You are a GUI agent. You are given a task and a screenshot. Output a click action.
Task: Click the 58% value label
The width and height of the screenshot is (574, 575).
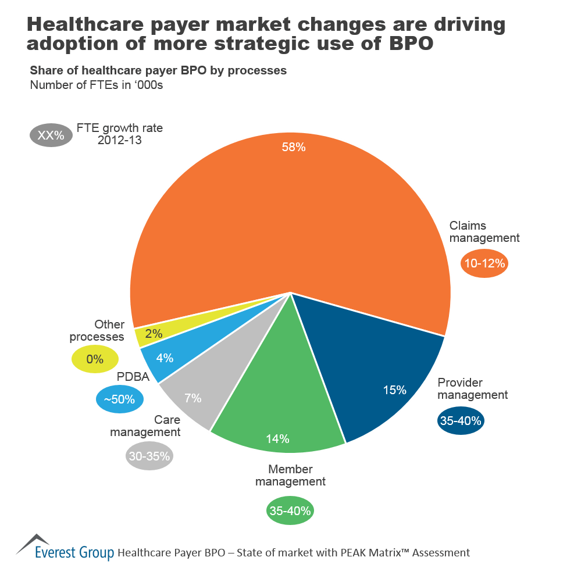(x=293, y=147)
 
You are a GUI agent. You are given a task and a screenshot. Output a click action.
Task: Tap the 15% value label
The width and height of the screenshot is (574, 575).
(x=394, y=390)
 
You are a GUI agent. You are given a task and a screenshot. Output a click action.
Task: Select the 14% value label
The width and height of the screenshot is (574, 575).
(x=277, y=439)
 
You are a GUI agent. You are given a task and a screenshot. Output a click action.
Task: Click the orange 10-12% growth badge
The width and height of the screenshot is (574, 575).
(x=485, y=263)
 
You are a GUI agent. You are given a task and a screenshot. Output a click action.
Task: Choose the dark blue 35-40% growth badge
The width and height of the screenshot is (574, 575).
(x=461, y=421)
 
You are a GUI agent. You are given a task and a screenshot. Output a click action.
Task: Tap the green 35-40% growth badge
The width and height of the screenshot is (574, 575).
(x=290, y=511)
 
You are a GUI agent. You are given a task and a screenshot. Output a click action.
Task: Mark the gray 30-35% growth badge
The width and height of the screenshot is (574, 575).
(x=149, y=456)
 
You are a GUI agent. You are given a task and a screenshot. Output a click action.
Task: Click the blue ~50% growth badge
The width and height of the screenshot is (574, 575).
(x=120, y=400)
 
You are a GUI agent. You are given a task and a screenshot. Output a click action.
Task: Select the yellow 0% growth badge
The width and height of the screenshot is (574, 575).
(x=94, y=359)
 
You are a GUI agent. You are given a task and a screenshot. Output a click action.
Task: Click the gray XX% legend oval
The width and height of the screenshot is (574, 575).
(x=51, y=135)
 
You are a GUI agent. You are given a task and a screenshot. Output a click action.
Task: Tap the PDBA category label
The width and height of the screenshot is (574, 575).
(x=130, y=377)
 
